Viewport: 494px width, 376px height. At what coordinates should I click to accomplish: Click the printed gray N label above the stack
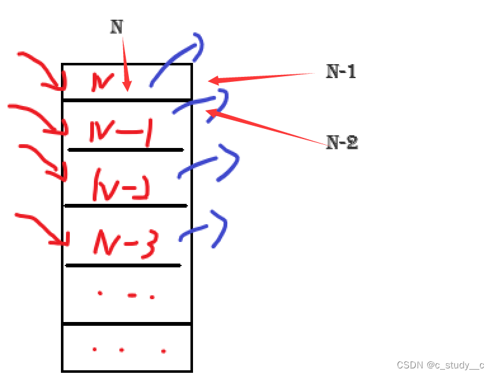(x=116, y=27)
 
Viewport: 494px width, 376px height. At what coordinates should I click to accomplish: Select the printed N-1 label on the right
(x=341, y=72)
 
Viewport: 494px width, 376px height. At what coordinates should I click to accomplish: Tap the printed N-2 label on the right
(x=342, y=143)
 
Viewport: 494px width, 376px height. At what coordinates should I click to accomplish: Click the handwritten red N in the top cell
(x=102, y=81)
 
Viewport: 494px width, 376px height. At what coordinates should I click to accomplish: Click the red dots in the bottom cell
(x=128, y=350)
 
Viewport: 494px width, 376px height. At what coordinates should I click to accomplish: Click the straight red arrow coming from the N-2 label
(x=267, y=128)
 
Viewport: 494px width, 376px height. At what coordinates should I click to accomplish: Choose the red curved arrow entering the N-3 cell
(x=41, y=225)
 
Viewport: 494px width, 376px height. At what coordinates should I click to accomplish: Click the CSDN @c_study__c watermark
(x=440, y=365)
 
